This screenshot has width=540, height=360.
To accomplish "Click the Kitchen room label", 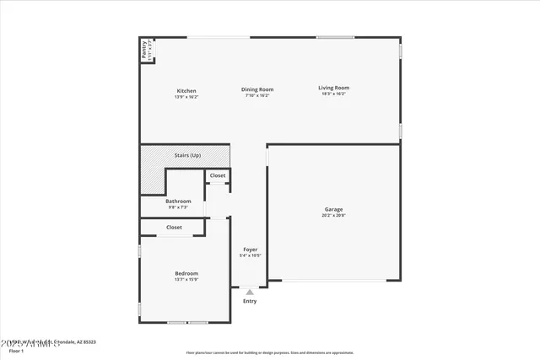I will [186, 91].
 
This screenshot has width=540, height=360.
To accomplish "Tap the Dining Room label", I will [258, 89].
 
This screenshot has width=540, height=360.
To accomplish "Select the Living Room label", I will [333, 88].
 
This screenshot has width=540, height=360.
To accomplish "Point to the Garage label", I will [333, 209].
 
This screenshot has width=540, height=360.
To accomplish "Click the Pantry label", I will [144, 50].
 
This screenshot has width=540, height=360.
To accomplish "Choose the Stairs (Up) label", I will [187, 155].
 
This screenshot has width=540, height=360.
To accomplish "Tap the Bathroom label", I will [178, 201].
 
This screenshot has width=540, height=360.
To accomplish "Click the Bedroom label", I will [186, 273].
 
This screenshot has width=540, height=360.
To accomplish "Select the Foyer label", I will [250, 250].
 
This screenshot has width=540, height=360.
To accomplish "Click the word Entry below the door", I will [250, 301].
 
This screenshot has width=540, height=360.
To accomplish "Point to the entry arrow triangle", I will [250, 293].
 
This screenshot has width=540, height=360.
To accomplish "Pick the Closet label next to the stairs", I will [218, 175].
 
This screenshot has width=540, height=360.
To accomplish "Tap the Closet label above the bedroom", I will [174, 227].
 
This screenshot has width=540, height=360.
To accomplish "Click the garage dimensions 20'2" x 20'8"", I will [333, 215].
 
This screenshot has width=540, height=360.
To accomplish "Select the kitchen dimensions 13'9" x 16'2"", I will [186, 96].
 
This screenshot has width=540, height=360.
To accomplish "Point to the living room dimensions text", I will [333, 94].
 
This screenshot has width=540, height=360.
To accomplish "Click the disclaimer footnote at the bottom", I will [270, 352].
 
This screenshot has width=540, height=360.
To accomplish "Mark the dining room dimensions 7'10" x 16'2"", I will [258, 95].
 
